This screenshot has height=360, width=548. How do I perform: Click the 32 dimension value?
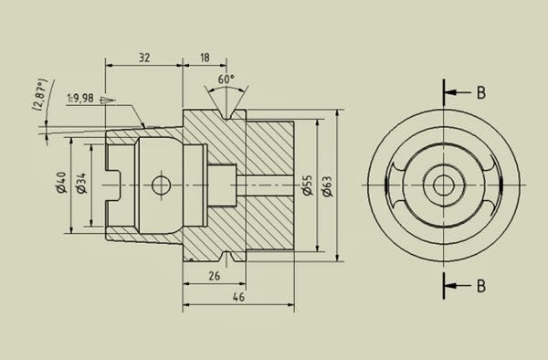(x=143, y=57)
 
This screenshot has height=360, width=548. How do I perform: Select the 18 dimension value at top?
(x=203, y=57)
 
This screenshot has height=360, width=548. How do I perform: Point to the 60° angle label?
(x=226, y=79)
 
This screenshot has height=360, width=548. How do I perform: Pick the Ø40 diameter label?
(x=61, y=184)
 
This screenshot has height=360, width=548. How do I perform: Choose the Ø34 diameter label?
(x=81, y=184)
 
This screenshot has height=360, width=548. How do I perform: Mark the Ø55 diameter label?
(x=307, y=185)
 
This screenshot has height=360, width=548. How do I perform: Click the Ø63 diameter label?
(x=327, y=185)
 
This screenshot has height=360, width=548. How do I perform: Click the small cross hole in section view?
(x=163, y=185)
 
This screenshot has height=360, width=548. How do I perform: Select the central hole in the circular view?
(x=444, y=185)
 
